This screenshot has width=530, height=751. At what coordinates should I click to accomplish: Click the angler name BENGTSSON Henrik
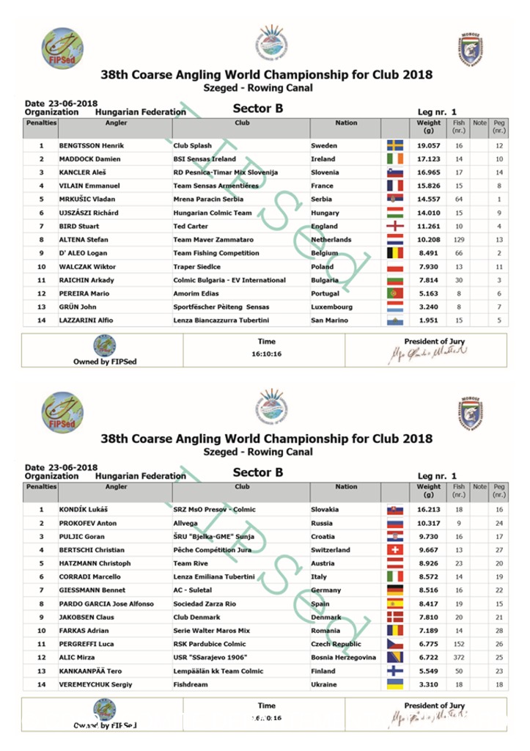point(92,145)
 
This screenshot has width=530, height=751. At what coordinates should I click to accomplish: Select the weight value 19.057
point(429,145)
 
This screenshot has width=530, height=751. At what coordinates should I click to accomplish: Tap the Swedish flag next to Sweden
point(395,145)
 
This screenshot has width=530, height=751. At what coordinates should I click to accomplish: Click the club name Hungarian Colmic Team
point(213,213)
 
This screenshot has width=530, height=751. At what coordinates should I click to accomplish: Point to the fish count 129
point(459,240)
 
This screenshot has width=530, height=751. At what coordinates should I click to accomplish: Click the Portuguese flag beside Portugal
point(395,293)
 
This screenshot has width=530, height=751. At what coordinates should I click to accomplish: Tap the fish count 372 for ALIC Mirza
point(459,657)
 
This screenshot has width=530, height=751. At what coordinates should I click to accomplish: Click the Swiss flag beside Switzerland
point(395,549)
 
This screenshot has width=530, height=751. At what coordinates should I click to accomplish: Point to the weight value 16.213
point(429,509)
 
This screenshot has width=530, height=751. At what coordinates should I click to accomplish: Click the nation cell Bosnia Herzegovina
point(343,657)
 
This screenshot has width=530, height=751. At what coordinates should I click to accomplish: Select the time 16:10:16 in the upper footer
point(267,353)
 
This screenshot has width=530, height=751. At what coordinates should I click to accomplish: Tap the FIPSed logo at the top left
point(62,48)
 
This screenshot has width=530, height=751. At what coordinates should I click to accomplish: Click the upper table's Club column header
point(242,123)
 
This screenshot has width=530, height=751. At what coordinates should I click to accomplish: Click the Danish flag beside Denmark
point(395,617)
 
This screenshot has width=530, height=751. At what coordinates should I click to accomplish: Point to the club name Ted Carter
point(191,226)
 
